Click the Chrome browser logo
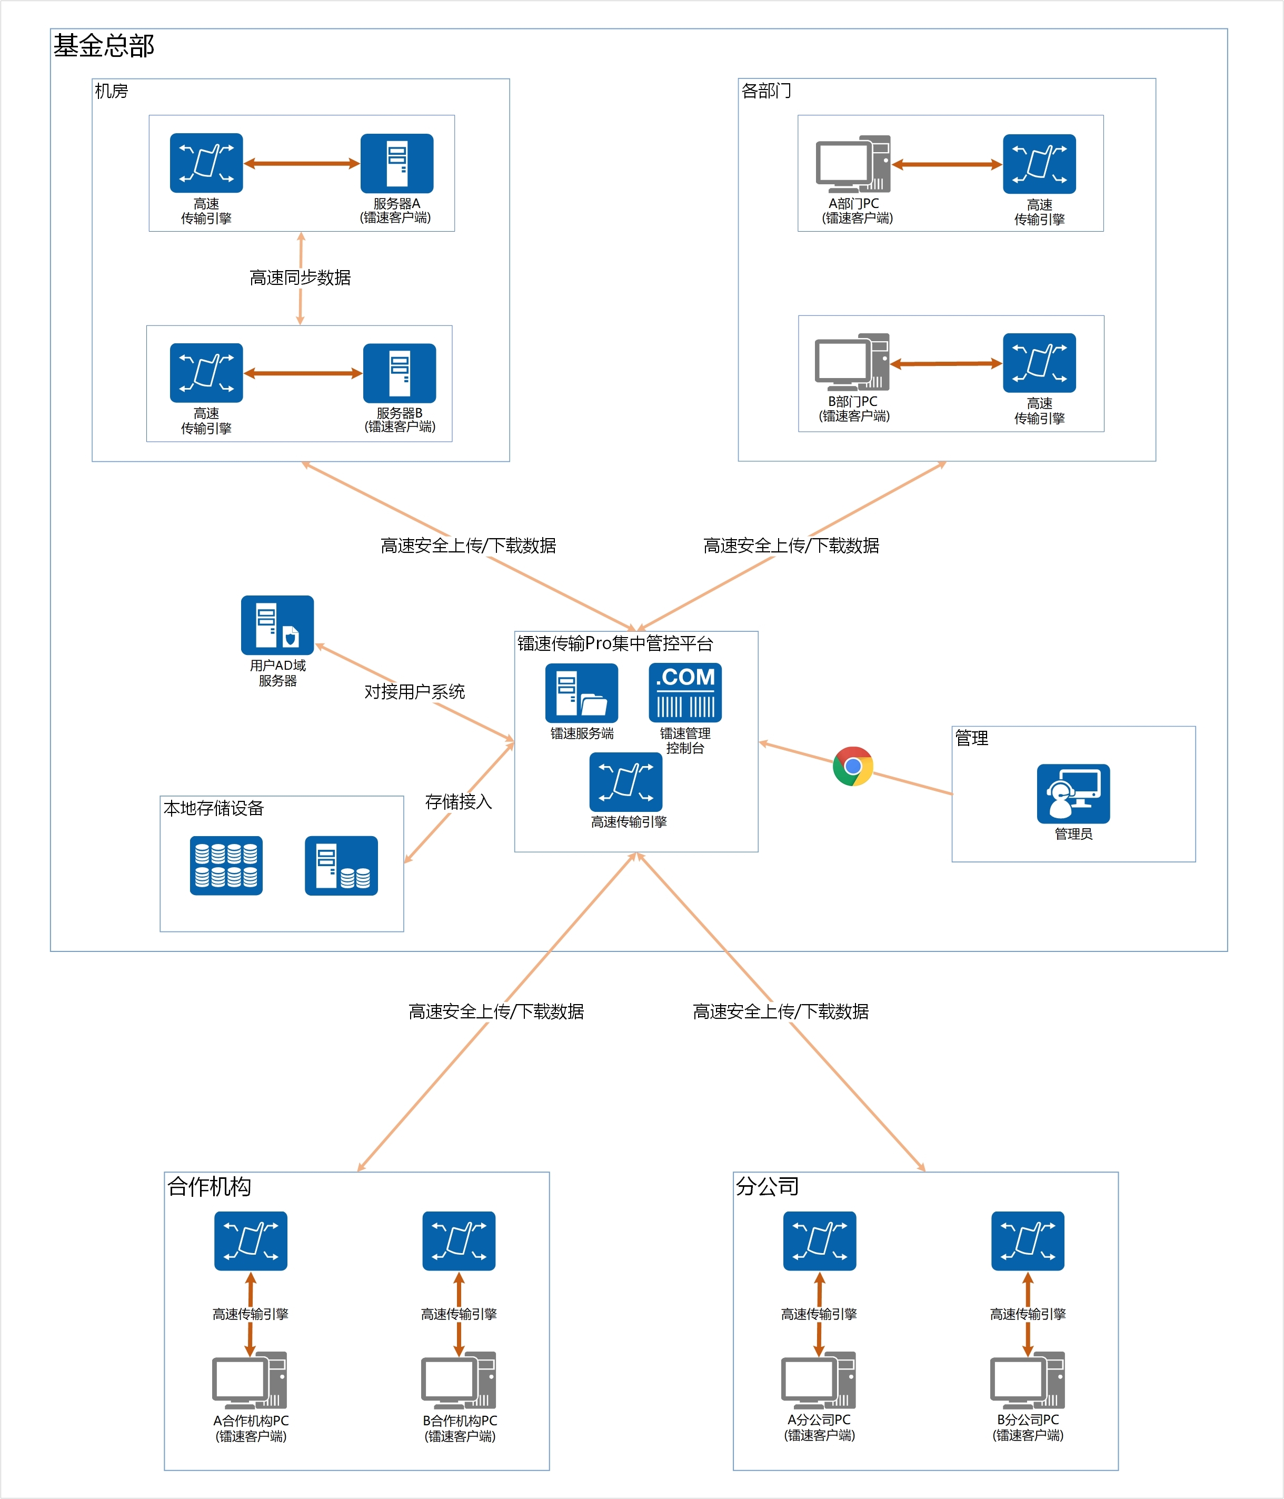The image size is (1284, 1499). pos(853,766)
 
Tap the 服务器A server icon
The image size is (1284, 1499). pos(396,163)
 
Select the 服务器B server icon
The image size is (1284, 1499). pos(399,373)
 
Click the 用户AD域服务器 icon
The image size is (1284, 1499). pos(277,625)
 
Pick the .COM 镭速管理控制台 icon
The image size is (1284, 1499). pos(685,692)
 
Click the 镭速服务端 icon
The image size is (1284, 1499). pos(582,692)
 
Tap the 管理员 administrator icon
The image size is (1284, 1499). pos(1073,793)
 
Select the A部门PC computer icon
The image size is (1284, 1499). pos(853,164)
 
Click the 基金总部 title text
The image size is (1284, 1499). pos(104,46)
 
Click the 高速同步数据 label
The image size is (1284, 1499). pos(300,278)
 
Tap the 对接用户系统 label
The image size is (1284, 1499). pos(414,692)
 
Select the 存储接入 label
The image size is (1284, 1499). pos(459,801)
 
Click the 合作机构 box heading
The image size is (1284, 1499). pos(209,1186)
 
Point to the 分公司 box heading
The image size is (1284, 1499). pos(767,1186)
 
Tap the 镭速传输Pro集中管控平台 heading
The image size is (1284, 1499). pos(615,643)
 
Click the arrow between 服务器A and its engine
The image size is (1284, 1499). pos(302,164)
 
